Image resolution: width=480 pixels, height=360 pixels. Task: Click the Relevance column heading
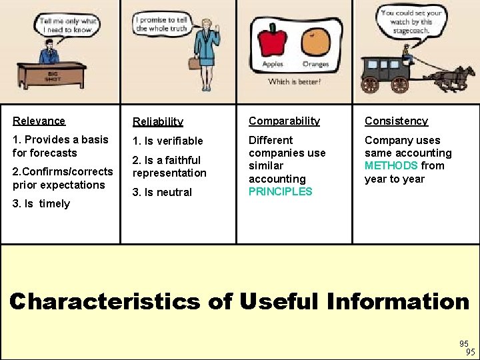(x=39, y=121)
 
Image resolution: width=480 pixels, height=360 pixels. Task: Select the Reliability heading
(x=157, y=121)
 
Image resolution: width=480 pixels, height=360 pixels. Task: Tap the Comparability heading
(x=284, y=121)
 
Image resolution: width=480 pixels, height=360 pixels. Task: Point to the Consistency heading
(x=396, y=121)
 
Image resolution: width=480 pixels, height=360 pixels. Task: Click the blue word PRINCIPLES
(x=280, y=191)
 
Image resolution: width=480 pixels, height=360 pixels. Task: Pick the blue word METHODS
(x=391, y=165)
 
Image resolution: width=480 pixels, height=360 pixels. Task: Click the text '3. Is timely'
(x=41, y=203)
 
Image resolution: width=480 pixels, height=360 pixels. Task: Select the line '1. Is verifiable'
(x=167, y=141)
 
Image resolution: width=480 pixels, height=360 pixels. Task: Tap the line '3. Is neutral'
(x=162, y=192)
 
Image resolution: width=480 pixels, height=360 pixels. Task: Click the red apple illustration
(x=272, y=41)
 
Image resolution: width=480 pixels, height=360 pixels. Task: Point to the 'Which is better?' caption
(x=294, y=81)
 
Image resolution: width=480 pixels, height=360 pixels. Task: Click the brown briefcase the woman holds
(x=194, y=63)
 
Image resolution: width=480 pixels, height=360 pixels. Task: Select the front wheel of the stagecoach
(x=400, y=84)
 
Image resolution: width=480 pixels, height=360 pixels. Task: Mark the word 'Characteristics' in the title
(x=104, y=301)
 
